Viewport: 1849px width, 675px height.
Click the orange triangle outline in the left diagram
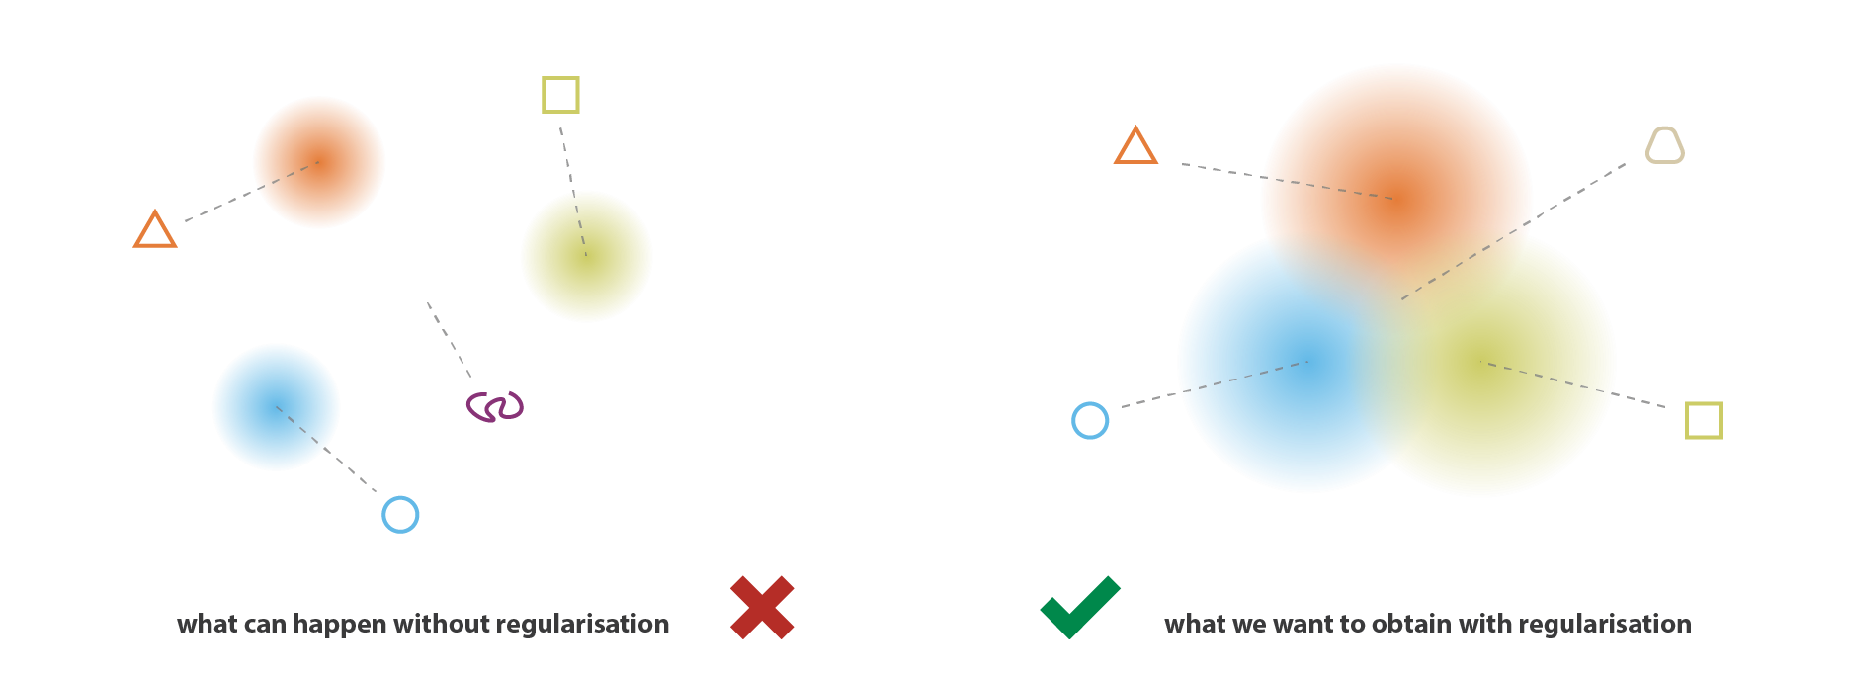tap(155, 230)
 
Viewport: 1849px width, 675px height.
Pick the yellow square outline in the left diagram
tap(560, 95)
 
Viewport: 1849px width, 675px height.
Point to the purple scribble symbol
tap(495, 406)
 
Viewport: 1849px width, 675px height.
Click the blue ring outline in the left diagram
tap(400, 514)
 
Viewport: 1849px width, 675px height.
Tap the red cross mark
tap(762, 607)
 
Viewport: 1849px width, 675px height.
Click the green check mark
tap(1079, 607)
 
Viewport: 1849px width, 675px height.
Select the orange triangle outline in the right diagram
tap(1135, 146)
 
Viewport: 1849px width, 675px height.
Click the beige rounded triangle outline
tap(1664, 145)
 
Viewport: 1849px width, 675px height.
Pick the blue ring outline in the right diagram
tap(1090, 420)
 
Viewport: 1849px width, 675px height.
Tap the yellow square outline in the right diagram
tap(1703, 420)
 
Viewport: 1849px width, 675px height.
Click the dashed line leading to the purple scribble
tap(449, 340)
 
